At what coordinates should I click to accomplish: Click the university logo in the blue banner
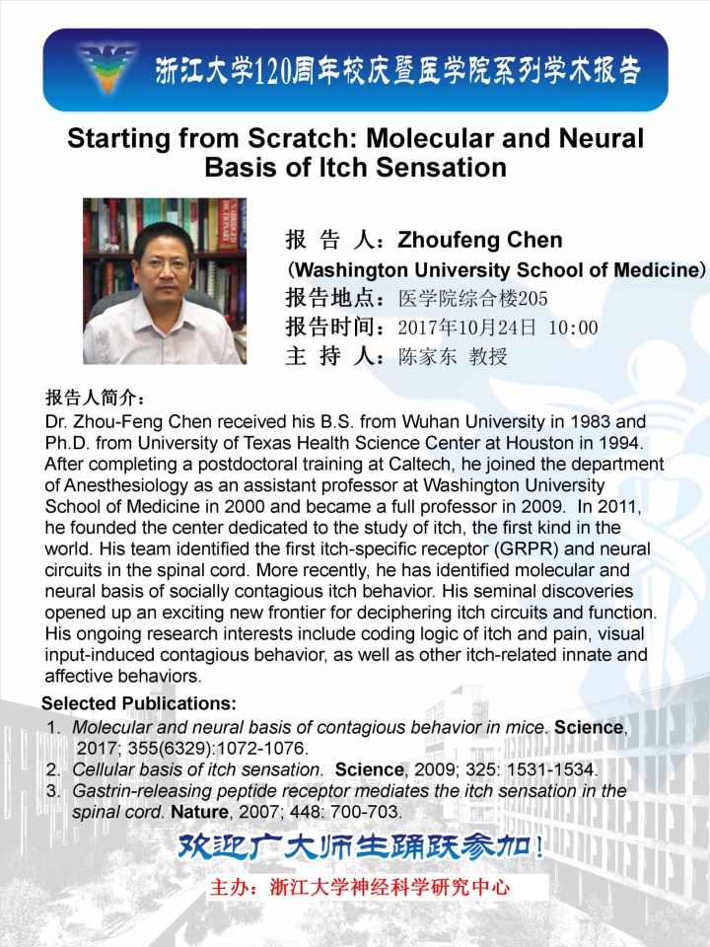pyautogui.click(x=107, y=68)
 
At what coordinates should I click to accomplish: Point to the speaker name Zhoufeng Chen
pyautogui.click(x=479, y=241)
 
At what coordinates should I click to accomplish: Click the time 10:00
pyautogui.click(x=573, y=328)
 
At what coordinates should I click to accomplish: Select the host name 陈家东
pyautogui.click(x=428, y=357)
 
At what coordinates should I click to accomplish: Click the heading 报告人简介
pyautogui.click(x=96, y=400)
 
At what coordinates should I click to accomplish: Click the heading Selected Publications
pyautogui.click(x=139, y=703)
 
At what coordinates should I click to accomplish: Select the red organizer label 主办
pyautogui.click(x=233, y=887)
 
